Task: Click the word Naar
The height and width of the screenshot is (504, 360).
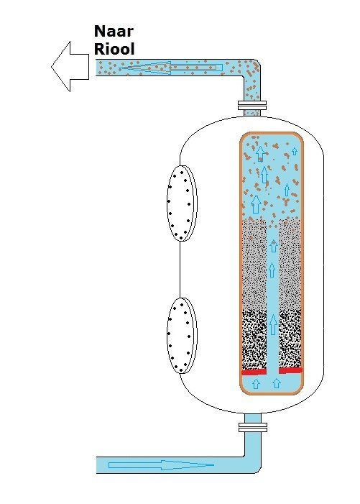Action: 114,32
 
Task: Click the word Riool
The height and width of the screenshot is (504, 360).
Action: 114,49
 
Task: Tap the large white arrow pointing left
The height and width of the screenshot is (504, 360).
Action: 70,67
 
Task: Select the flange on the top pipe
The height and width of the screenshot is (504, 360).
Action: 252,104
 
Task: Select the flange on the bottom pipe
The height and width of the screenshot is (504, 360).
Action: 253,427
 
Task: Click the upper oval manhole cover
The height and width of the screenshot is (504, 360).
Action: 182,203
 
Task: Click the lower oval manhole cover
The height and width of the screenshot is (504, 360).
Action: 182,336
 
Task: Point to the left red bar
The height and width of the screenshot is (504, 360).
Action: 254,372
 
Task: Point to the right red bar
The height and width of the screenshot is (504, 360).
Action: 290,370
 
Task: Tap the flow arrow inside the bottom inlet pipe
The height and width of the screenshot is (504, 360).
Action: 161,465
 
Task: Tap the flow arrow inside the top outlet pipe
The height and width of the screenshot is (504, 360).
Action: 170,68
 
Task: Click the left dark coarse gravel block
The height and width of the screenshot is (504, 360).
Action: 254,340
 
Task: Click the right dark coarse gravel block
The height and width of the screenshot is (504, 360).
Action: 290,339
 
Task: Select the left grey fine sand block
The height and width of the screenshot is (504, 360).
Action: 254,265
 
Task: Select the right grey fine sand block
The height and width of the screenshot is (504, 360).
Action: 290,265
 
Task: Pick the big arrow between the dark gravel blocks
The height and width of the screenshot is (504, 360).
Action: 273,325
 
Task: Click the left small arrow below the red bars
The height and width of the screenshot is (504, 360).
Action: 256,383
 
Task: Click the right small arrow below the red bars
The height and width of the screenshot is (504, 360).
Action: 277,383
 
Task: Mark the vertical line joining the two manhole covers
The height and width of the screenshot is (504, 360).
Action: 180,270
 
